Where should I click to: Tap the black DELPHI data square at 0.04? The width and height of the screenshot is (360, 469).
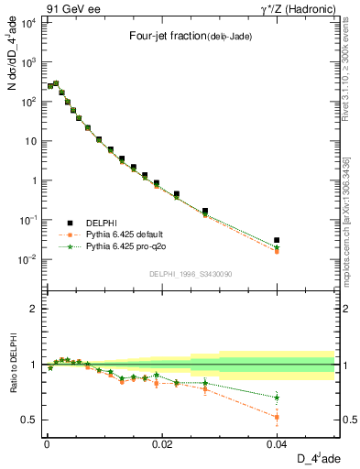[277, 240]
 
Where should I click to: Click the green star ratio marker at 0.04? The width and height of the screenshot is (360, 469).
[277, 398]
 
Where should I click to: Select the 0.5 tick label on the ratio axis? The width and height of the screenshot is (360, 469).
[33, 420]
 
